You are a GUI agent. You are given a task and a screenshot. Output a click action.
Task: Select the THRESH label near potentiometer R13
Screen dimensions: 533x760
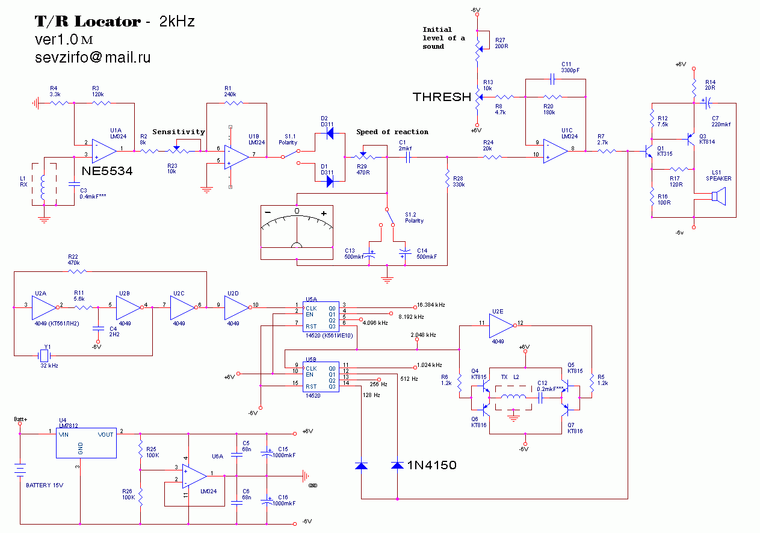pyautogui.click(x=442, y=97)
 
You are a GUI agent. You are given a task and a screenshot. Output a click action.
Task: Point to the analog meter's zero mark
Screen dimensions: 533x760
pyautogui.click(x=296, y=211)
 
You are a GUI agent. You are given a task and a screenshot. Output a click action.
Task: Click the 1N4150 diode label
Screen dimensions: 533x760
pyautogui.click(x=432, y=465)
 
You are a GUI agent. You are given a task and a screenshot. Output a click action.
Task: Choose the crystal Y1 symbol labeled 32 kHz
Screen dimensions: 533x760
pyautogui.click(x=44, y=356)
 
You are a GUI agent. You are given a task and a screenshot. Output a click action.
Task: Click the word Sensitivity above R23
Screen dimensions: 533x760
pyautogui.click(x=179, y=132)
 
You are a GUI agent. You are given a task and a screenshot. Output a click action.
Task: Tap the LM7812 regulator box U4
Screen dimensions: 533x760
pyautogui.click(x=87, y=443)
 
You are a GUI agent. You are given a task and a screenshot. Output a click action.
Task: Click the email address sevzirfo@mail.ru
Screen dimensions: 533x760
pyautogui.click(x=93, y=58)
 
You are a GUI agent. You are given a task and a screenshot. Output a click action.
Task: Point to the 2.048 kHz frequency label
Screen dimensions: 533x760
pyautogui.click(x=423, y=334)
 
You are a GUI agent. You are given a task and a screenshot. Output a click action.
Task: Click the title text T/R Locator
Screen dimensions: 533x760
pyautogui.click(x=87, y=22)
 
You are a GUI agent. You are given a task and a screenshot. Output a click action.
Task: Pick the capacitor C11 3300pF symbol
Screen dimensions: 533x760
pyautogui.click(x=554, y=78)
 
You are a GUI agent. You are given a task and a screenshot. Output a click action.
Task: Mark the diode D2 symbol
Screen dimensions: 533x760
pyautogui.click(x=330, y=134)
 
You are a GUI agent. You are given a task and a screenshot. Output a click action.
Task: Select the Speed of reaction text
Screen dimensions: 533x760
pyautogui.click(x=392, y=132)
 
